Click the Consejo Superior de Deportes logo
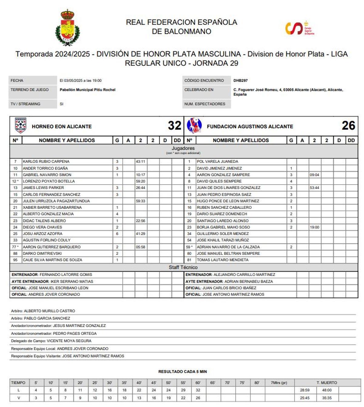pyautogui.click(x=299, y=28)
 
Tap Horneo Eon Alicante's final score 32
pyautogui.click(x=174, y=126)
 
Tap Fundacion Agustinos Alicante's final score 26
pyautogui.click(x=348, y=126)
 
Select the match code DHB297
pyautogui.click(x=241, y=81)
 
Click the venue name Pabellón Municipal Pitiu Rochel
pyautogui.click(x=87, y=90)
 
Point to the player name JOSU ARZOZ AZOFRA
pyautogui.click(x=42, y=234)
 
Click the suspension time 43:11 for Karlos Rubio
pyautogui.click(x=140, y=162)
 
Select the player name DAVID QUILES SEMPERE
pyautogui.click(x=219, y=181)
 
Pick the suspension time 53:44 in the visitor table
pyautogui.click(x=314, y=188)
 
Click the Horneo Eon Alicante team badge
pyautogui.click(x=20, y=126)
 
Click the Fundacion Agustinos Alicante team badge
pyautogui.click(x=194, y=126)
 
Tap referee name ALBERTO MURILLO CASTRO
pyautogui.click(x=49, y=311)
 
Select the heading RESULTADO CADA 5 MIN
pyautogui.click(x=182, y=372)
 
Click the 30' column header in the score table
pyautogui.click(x=110, y=383)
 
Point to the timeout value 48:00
pyautogui.click(x=327, y=390)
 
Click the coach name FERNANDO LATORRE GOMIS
pyautogui.click(x=66, y=275)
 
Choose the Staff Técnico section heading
pyautogui.click(x=183, y=267)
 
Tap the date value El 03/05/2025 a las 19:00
pyautogui.click(x=81, y=81)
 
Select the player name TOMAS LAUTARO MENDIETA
pyautogui.click(x=222, y=260)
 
